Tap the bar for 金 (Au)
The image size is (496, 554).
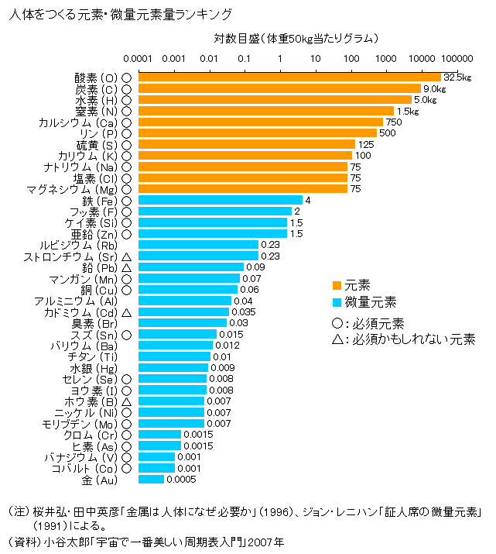151,480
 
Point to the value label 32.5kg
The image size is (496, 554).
457,77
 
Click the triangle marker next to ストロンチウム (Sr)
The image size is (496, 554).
125,256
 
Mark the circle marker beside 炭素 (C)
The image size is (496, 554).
125,89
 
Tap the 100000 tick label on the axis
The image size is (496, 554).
457,58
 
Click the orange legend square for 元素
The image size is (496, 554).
337,284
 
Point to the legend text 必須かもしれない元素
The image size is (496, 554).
413,339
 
